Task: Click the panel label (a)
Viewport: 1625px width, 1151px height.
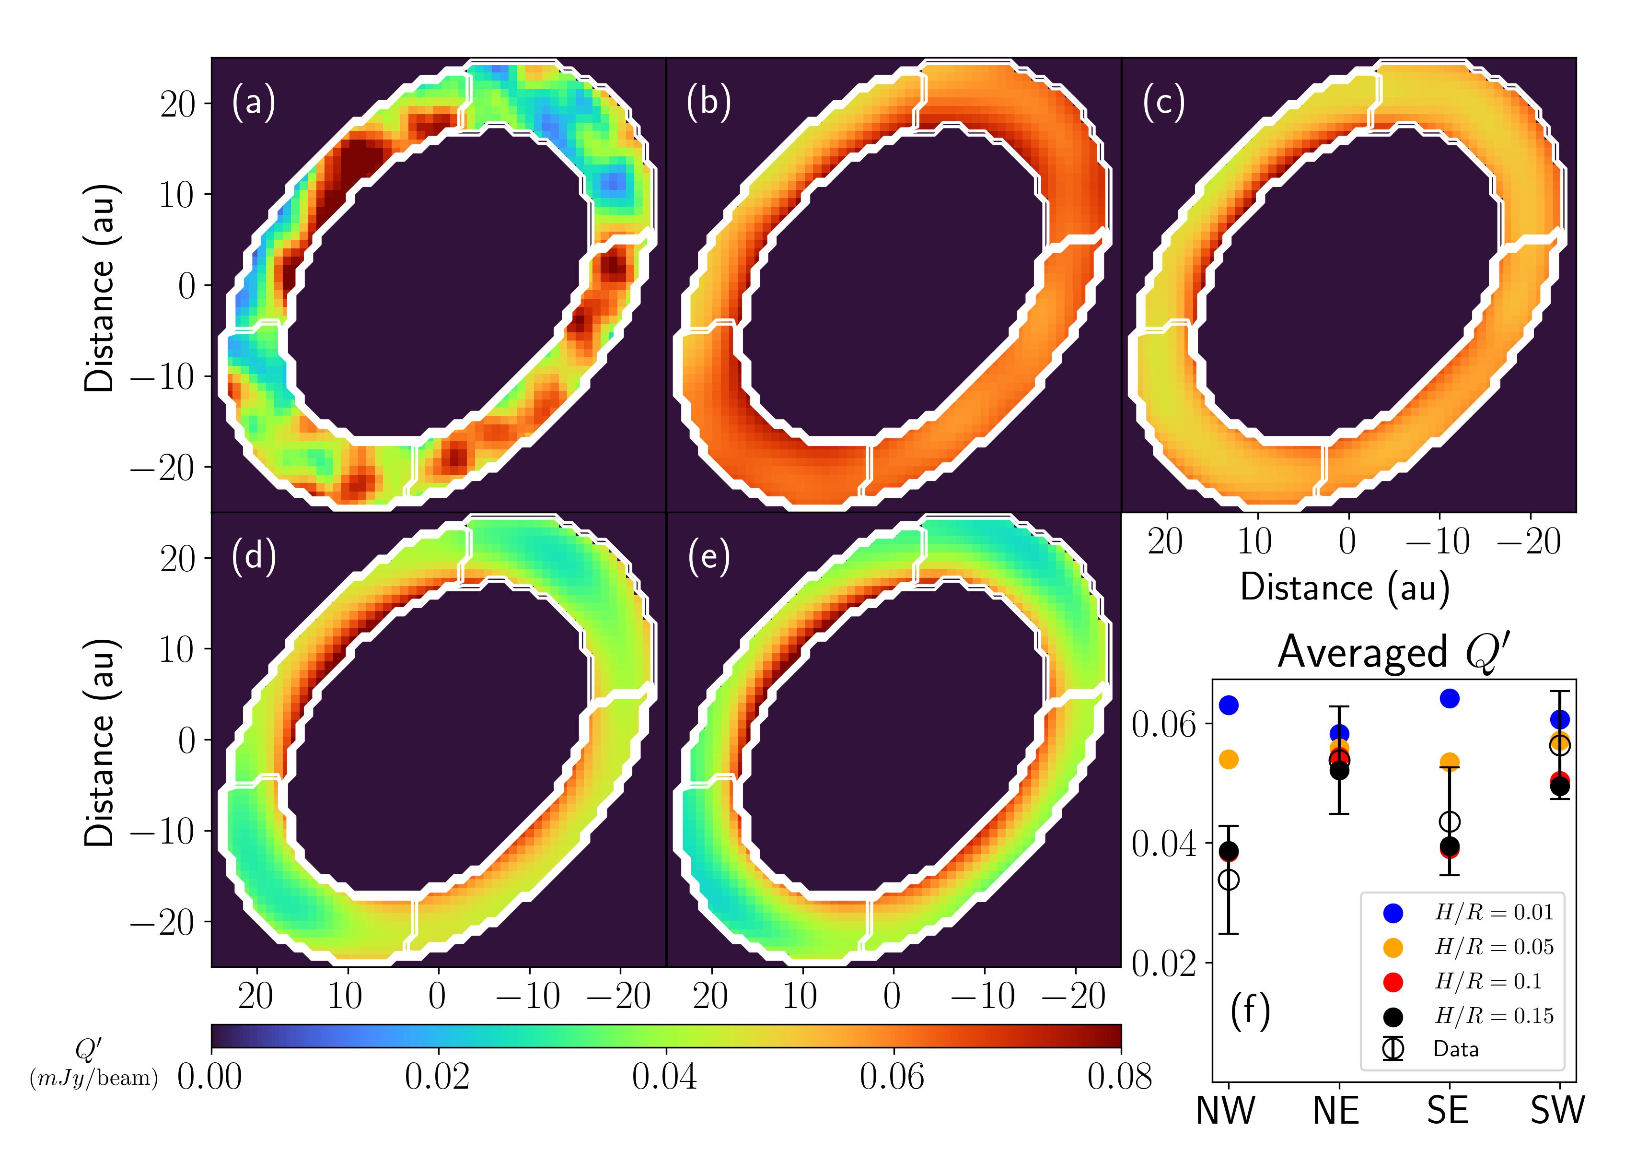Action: [x=253, y=102]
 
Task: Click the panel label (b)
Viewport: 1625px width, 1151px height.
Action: [x=708, y=102]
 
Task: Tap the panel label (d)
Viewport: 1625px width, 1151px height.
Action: [x=253, y=557]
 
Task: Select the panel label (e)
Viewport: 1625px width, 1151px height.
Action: [x=708, y=557]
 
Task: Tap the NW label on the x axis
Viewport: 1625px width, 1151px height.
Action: [x=1226, y=1111]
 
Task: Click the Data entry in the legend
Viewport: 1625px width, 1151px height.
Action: [x=1456, y=1049]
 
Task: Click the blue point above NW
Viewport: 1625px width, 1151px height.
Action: [x=1229, y=705]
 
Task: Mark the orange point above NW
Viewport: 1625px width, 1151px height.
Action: [x=1229, y=760]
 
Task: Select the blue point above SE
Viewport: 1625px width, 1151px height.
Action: [x=1450, y=699]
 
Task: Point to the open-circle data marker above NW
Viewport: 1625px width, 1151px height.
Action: [x=1229, y=880]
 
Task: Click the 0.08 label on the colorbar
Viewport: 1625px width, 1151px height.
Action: [x=1119, y=1077]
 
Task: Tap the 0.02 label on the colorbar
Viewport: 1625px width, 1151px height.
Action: [x=437, y=1077]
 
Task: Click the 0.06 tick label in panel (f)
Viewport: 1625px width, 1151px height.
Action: [x=1163, y=724]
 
